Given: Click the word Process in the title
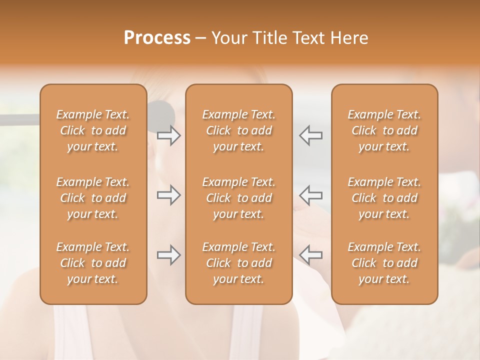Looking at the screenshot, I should click(x=157, y=38).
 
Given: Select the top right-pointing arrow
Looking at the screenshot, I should click(x=168, y=135).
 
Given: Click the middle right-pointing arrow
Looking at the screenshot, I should click(x=168, y=195).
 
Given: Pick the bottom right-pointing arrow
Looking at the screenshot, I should click(x=168, y=255).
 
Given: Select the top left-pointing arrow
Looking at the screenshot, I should click(x=310, y=135).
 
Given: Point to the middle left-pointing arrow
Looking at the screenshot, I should click(x=310, y=195).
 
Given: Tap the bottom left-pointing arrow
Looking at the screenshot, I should click(x=310, y=255).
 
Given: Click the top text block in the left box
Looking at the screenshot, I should click(x=93, y=130).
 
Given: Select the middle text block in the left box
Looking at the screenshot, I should click(x=93, y=198).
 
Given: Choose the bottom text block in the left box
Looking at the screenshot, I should click(x=93, y=263).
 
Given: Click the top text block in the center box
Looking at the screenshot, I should click(x=238, y=130).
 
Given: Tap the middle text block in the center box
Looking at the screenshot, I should click(x=238, y=198).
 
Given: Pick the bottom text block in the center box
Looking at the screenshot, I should click(x=238, y=263).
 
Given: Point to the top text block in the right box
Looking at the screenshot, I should click(x=384, y=130).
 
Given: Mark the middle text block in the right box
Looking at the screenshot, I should click(x=384, y=198).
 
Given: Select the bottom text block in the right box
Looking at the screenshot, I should click(x=384, y=263).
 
